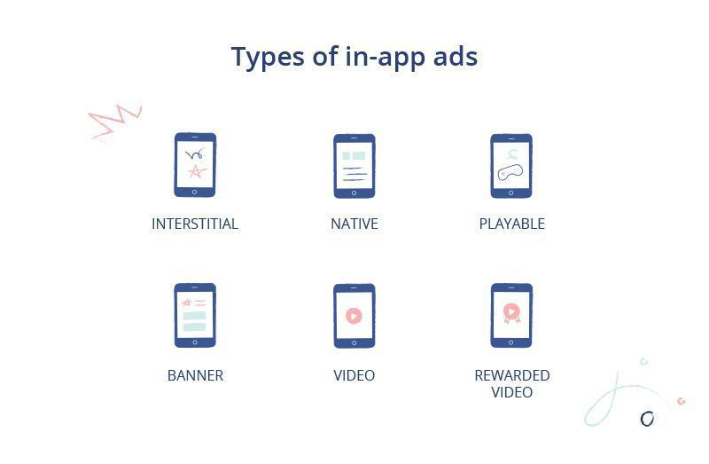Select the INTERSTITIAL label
click(195, 224)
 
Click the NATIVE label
click(354, 224)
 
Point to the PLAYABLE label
click(511, 224)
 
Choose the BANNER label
click(195, 375)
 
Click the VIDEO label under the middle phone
click(354, 375)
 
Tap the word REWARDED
click(511, 375)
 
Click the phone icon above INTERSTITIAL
click(195, 165)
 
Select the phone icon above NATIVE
click(354, 165)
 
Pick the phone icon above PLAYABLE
click(511, 165)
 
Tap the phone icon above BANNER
click(195, 315)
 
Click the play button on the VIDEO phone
click(354, 316)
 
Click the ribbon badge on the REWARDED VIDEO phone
click(511, 312)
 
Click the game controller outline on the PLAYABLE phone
click(511, 173)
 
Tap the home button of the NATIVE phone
click(354, 193)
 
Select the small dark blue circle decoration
click(647, 418)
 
